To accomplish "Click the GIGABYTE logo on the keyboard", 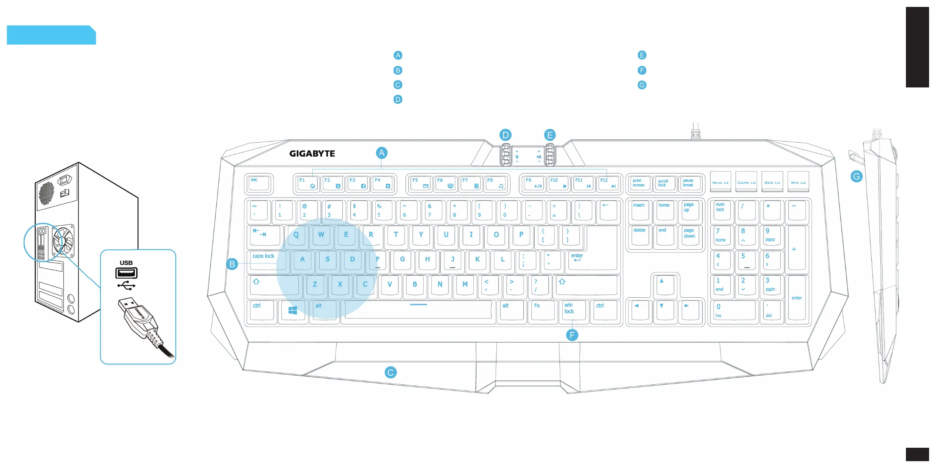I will point(312,154).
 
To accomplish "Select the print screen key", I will point(640,184).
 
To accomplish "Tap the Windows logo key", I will point(292,311).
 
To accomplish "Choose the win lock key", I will point(572,310).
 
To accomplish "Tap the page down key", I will point(690,236).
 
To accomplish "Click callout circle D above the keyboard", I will point(505,135).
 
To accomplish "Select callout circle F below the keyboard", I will point(572,335).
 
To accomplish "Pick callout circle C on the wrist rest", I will point(390,373).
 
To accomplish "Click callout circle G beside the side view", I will point(856,176).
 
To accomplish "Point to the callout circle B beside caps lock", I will point(232,264).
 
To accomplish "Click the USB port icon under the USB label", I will point(126,273).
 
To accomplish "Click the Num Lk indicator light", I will point(721,182).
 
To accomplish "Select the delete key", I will point(640,235).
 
